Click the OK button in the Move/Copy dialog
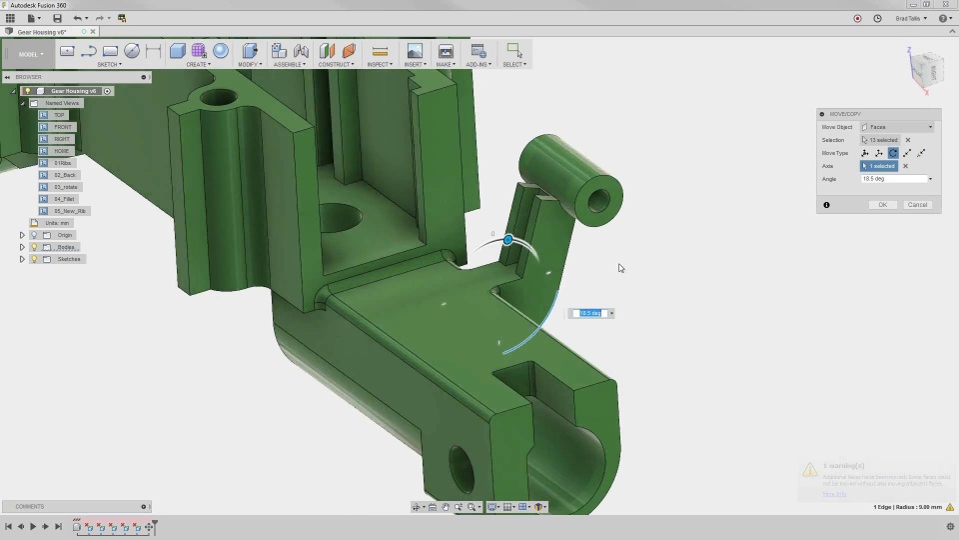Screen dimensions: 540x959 click(x=882, y=205)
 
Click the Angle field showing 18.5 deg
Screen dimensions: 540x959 click(x=893, y=179)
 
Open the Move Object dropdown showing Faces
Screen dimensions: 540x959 click(x=897, y=127)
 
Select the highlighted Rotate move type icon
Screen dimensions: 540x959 click(x=893, y=153)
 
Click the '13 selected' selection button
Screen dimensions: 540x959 click(x=881, y=140)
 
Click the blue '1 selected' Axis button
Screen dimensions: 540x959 click(x=879, y=166)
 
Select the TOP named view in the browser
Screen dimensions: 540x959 click(x=59, y=115)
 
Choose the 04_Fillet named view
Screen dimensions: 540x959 click(x=65, y=199)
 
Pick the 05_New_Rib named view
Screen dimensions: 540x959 click(x=69, y=211)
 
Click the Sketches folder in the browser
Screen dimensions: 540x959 click(x=68, y=259)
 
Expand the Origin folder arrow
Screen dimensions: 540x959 click(x=22, y=235)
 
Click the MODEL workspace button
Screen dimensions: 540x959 click(x=29, y=54)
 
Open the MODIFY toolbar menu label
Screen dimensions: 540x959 click(x=249, y=64)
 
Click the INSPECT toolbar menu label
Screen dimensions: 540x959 click(x=379, y=64)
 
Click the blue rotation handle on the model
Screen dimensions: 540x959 click(x=508, y=240)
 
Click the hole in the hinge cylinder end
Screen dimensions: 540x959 click(x=599, y=198)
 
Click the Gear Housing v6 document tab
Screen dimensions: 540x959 click(x=44, y=32)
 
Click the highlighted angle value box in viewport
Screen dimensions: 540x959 click(x=590, y=313)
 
